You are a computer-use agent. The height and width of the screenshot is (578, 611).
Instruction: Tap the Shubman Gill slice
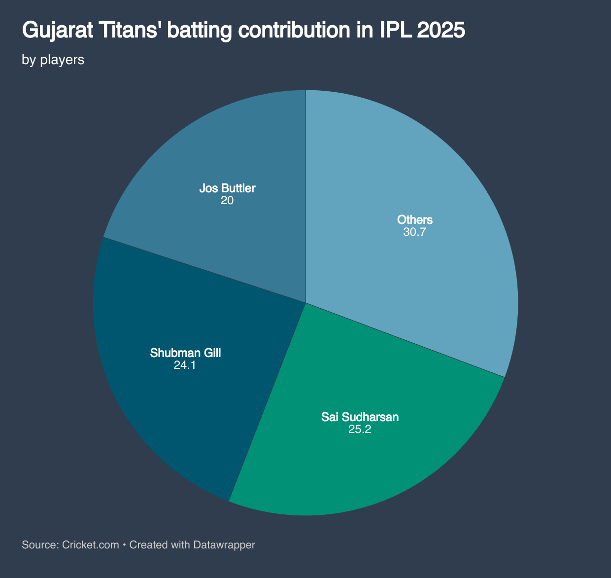click(168, 395)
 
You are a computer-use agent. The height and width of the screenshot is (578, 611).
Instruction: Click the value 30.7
click(414, 232)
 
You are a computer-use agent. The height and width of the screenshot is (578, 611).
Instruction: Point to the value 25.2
click(360, 430)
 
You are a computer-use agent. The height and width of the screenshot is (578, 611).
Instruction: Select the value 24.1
click(185, 365)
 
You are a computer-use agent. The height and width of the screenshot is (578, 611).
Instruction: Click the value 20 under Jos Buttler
click(227, 201)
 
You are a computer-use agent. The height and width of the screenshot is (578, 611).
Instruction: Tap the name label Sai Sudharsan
click(360, 417)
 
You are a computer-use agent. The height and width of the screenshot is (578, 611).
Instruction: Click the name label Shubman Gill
click(185, 353)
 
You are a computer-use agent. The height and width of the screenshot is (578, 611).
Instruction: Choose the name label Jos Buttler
click(227, 188)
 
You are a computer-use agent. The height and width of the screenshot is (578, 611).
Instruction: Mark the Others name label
click(414, 220)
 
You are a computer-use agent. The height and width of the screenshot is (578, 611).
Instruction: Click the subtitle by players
click(53, 60)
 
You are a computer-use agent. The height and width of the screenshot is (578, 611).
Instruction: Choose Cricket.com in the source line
click(91, 545)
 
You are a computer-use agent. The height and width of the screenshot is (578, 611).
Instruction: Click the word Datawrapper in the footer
click(224, 545)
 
